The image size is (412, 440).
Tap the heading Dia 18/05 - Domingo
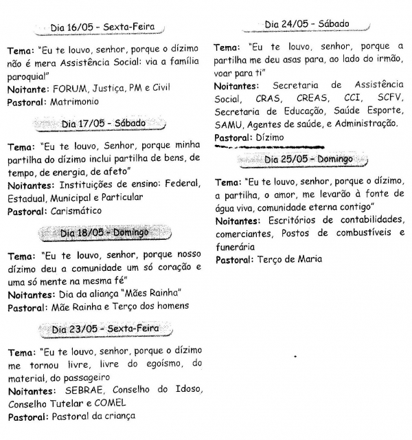(x=104, y=232)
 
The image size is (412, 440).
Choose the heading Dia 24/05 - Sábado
(x=307, y=24)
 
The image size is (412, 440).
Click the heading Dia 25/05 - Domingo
(x=308, y=159)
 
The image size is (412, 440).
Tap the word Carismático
(x=77, y=211)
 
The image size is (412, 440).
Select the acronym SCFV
(x=390, y=99)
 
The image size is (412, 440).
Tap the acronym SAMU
(x=229, y=124)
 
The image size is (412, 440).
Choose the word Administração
(x=361, y=124)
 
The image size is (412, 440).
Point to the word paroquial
(x=27, y=75)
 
